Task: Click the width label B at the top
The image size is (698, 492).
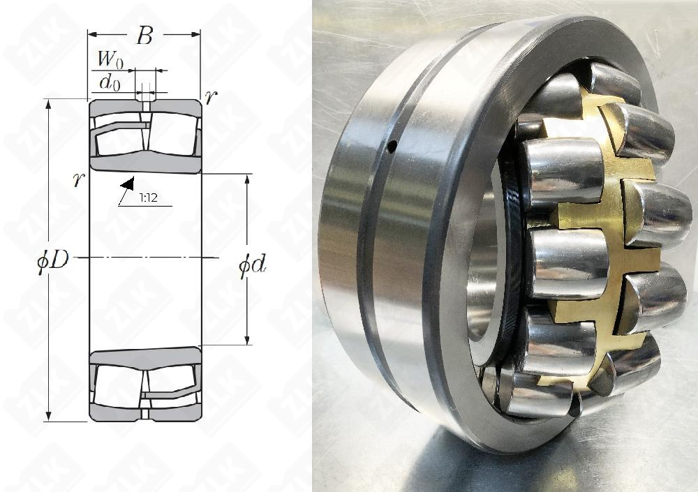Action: point(144,36)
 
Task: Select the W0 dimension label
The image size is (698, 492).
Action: point(110,59)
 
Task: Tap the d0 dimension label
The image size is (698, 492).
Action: point(110,83)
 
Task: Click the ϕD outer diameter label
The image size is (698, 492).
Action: point(53,260)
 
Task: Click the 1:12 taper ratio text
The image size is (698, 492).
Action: point(148,197)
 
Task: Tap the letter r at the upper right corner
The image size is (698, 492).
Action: point(211,96)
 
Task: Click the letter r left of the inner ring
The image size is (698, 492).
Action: point(79,179)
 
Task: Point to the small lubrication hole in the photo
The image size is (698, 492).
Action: point(392,146)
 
